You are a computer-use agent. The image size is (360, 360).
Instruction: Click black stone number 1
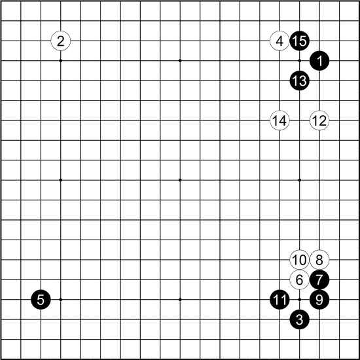point(319,61)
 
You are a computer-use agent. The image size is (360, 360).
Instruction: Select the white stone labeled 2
point(61,41)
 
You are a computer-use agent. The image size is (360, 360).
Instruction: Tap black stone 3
point(299,319)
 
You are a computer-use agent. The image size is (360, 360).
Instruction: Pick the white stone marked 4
point(279,41)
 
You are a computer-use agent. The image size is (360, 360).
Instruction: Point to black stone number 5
point(41,300)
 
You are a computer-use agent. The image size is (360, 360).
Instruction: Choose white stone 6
point(299,279)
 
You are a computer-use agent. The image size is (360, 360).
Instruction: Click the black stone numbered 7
point(319,279)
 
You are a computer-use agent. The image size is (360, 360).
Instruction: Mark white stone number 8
point(319,260)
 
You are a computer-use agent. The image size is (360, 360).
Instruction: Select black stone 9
point(319,300)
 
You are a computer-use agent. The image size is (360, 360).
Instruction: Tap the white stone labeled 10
point(299,260)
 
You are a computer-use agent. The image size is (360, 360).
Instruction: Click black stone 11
point(279,300)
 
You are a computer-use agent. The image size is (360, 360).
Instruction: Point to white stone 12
point(319,120)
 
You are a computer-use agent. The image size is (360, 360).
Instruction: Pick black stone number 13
point(299,81)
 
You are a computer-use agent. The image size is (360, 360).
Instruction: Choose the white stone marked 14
point(279,120)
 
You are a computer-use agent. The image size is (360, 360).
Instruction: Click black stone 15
point(299,41)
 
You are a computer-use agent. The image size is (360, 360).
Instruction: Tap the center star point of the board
point(180,180)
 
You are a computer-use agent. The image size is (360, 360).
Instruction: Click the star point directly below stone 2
point(61,61)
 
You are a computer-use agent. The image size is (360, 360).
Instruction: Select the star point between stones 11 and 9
point(299,300)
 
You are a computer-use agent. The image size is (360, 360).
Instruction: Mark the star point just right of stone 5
point(61,300)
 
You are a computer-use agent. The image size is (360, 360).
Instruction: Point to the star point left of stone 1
point(299,61)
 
